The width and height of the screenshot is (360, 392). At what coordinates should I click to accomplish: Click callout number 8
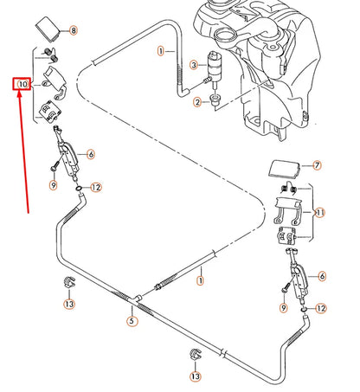tap(73, 30)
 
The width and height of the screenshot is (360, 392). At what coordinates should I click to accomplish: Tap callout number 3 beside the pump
tap(193, 64)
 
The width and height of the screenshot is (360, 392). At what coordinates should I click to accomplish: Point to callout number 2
tap(197, 103)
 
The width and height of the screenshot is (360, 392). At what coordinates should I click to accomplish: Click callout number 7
tap(317, 164)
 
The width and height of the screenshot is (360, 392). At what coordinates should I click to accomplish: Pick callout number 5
tap(132, 321)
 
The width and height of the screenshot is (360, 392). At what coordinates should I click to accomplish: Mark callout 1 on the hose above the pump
tap(161, 52)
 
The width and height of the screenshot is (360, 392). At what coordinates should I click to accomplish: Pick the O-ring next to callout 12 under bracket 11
tap(305, 307)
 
